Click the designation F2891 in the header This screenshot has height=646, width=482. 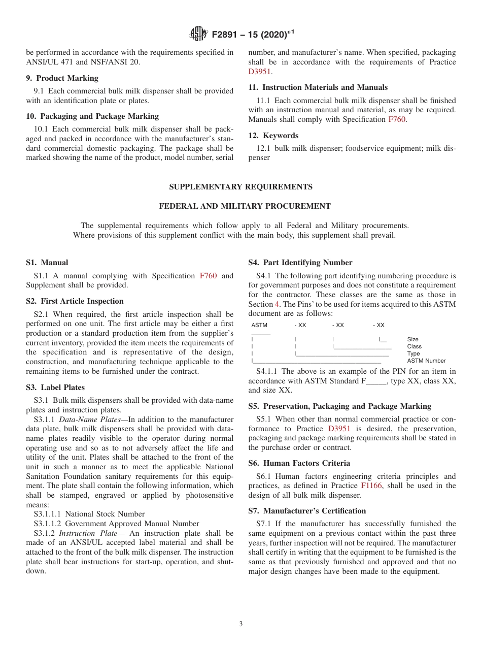tap(227, 35)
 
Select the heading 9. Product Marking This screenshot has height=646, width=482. tap(62, 78)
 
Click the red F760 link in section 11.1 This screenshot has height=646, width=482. tap(397, 119)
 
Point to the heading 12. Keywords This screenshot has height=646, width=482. tap(273, 136)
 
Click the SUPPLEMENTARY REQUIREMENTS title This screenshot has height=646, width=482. tap(240, 187)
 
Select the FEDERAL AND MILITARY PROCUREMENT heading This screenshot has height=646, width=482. tap(245, 206)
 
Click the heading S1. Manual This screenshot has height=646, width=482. tap(47, 263)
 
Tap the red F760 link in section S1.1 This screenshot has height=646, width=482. tap(208, 276)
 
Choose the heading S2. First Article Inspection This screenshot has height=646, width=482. tap(75, 301)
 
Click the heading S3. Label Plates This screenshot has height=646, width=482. tap(55, 387)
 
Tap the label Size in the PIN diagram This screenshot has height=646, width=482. tap(412, 339)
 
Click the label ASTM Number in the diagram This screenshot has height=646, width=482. tap(426, 361)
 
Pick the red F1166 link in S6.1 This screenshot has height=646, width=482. tap(371, 486)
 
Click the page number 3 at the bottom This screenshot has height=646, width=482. tap(241, 624)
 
